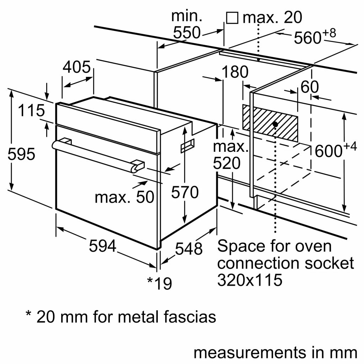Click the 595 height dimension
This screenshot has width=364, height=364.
point(22,154)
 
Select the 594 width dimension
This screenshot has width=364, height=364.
point(102,246)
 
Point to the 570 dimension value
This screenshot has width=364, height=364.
point(184,192)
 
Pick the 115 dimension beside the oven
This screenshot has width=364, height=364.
point(32,111)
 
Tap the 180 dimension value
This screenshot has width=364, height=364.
point(235,73)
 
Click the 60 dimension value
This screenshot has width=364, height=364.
point(310,87)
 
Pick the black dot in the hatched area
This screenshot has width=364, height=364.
point(275,124)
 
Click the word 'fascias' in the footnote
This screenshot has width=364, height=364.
point(191,316)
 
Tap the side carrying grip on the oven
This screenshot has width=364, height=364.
point(187,145)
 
